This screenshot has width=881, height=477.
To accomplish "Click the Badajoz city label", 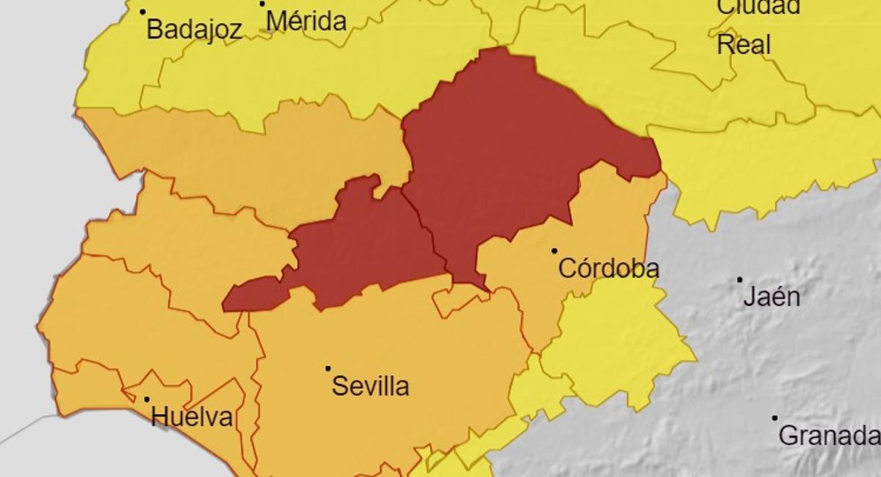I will point(194,29).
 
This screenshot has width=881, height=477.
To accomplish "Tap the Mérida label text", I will point(306,21).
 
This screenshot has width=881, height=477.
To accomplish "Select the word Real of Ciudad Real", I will point(744,45).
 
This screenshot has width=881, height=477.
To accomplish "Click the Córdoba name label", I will point(609,268).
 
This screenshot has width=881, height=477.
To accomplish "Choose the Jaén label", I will point(772,297).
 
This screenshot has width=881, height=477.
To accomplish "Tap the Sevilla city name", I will point(370,386).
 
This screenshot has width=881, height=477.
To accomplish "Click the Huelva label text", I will point(192,417).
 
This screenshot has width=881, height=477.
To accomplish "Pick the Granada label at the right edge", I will point(829,435).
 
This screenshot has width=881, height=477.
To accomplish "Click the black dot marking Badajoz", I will point(142,12).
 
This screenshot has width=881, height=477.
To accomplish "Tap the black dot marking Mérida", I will point(262,4).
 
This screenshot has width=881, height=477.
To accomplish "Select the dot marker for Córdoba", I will point(554,251).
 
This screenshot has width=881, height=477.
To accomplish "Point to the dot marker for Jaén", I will point(739,280).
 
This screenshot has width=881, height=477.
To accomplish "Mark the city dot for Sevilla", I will point(327,368).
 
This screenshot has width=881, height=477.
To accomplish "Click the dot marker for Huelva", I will point(146,400).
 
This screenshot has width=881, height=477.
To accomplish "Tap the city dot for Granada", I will point(775,418).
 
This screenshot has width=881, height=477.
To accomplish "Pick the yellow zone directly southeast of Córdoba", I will point(617,345).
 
